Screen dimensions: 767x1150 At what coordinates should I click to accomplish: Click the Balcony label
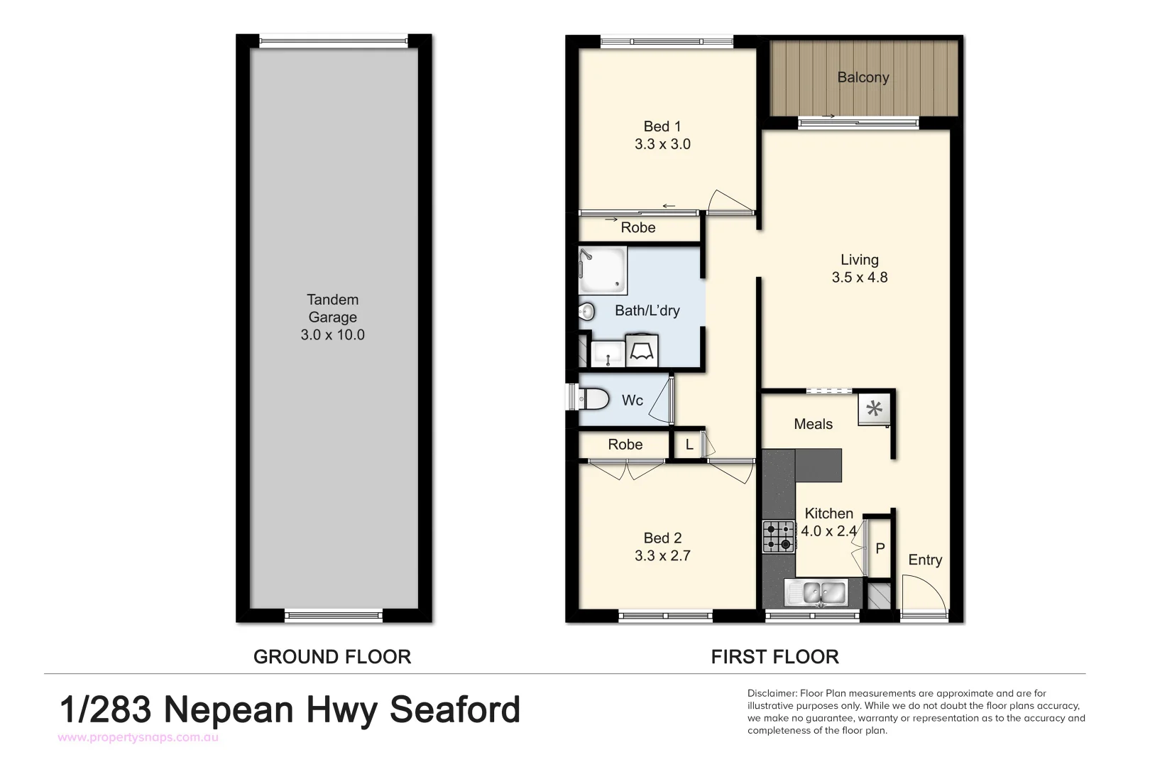[862, 77]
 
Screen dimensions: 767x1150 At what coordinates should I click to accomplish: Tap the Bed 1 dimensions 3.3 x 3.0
[662, 144]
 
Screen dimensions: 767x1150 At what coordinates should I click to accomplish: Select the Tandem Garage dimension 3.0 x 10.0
[332, 335]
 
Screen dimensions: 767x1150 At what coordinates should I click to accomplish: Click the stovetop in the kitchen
[779, 537]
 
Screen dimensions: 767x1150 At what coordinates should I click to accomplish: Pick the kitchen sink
[816, 592]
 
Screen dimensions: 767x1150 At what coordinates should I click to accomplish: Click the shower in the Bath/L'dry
[603, 270]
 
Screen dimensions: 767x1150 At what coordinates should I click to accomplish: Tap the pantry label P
[880, 549]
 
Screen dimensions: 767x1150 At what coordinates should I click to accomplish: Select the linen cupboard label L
[689, 445]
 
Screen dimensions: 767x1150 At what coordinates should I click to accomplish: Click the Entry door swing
[923, 594]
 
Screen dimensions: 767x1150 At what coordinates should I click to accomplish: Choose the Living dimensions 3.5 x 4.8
[860, 278]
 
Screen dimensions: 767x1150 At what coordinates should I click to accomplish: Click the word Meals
[813, 424]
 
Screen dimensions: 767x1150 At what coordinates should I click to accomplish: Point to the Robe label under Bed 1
[637, 228]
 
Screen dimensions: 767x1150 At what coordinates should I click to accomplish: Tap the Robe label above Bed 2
[625, 445]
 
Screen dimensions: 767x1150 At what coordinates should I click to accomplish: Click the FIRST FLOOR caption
[774, 657]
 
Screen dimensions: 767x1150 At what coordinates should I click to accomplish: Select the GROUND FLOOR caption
[332, 657]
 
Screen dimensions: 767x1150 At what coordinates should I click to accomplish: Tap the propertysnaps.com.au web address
[138, 738]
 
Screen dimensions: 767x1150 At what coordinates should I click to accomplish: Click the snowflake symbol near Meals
[875, 408]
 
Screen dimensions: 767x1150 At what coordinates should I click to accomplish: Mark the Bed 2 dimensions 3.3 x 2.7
[662, 556]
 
